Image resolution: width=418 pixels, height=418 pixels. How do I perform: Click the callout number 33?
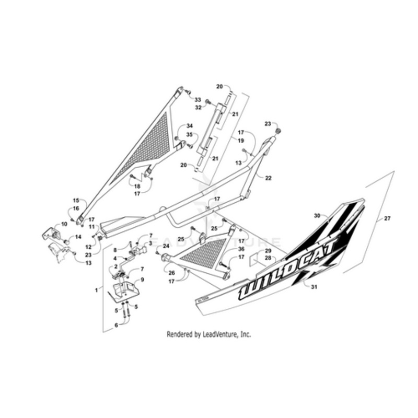click(x=198, y=100)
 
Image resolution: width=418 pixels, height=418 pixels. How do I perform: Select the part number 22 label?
click(x=268, y=178)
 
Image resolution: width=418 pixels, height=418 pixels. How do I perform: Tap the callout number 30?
click(x=331, y=215)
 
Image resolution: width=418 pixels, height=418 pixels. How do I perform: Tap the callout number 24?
click(x=166, y=246)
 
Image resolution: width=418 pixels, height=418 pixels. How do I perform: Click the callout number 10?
click(x=64, y=224)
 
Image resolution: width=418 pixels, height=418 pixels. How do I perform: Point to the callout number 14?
click(x=78, y=237)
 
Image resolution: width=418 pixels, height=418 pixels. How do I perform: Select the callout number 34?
click(x=189, y=126)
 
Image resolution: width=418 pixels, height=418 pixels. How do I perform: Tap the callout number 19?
click(x=241, y=141)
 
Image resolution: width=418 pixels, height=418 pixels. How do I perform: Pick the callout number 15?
click(x=76, y=201)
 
